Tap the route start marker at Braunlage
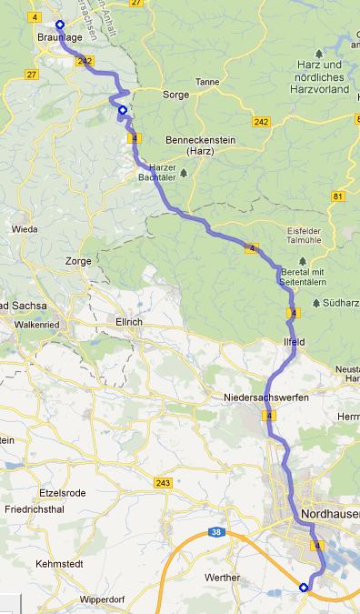tap(60, 25)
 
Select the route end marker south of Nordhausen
tap(304, 588)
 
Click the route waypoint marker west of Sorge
tap(123, 111)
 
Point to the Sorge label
tap(175, 94)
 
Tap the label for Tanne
tap(208, 81)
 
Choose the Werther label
tap(223, 578)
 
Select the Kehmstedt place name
tap(55, 565)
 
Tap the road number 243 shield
tap(163, 482)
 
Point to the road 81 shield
tap(338, 196)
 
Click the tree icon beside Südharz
tap(315, 302)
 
